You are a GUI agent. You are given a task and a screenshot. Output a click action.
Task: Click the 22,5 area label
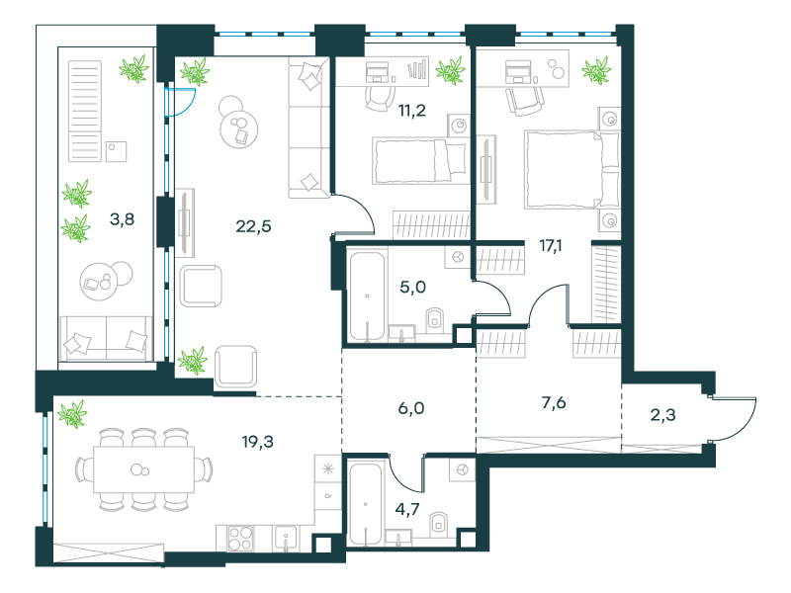(253, 226)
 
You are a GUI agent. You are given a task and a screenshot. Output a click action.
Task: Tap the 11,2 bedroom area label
(412, 110)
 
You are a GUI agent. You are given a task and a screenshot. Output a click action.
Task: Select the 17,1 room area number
(551, 246)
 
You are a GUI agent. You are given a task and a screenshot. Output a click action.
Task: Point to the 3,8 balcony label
(122, 219)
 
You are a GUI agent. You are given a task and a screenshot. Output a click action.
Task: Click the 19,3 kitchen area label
(257, 442)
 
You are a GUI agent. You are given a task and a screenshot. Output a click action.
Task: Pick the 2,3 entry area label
(662, 415)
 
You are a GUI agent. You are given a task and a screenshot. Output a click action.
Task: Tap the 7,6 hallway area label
(554, 403)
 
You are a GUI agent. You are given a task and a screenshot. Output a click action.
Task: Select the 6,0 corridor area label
(411, 408)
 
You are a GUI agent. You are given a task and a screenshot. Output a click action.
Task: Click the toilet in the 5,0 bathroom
(434, 319)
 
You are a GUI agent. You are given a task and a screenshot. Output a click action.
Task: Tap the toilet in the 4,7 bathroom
(438, 525)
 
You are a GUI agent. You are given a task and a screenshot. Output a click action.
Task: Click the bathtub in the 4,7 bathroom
(365, 504)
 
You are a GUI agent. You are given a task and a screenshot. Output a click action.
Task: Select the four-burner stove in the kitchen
(240, 539)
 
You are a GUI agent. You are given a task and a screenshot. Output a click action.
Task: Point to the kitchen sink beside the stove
(286, 539)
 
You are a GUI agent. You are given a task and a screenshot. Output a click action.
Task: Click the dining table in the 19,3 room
(143, 469)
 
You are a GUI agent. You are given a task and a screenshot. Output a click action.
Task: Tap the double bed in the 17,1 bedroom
(571, 169)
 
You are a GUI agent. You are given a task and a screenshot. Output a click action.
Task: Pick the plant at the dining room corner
(72, 414)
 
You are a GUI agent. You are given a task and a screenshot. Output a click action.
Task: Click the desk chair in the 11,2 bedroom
(380, 99)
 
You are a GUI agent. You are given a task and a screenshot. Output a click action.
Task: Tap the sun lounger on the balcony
(85, 111)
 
